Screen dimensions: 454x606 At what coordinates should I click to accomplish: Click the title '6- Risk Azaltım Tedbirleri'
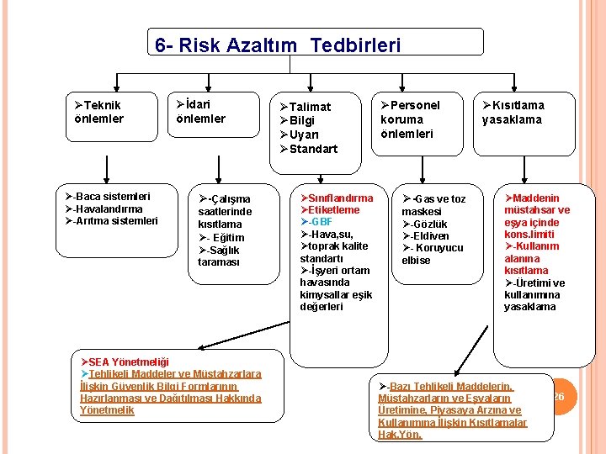(x=278, y=45)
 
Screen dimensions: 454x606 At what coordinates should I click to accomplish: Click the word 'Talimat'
(x=310, y=107)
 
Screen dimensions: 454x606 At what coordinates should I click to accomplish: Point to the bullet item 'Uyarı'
(x=304, y=135)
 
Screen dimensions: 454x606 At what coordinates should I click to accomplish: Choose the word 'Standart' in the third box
(x=313, y=149)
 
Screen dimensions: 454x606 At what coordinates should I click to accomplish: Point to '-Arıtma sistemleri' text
(x=110, y=221)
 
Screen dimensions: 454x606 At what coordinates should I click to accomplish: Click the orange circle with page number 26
(x=558, y=397)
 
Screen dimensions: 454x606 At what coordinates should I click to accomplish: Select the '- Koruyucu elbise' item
(x=432, y=254)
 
